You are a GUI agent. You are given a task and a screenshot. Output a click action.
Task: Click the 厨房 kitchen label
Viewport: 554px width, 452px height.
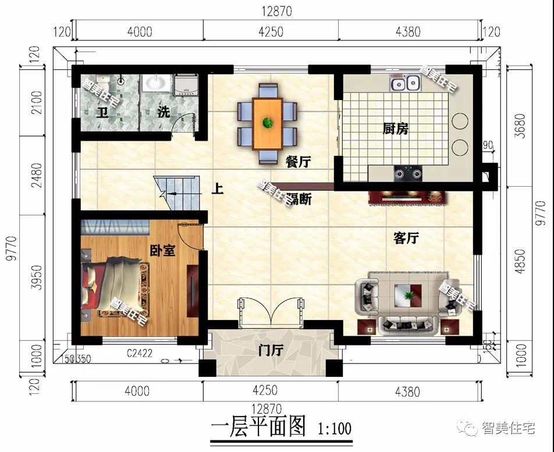click(x=395, y=129)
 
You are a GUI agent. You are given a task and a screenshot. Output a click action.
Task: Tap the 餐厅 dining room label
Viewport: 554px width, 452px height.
click(x=297, y=162)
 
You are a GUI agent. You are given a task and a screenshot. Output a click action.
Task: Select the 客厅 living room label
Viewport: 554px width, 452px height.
click(x=407, y=238)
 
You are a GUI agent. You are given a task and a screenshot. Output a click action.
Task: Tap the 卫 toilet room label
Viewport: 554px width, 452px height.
click(x=102, y=112)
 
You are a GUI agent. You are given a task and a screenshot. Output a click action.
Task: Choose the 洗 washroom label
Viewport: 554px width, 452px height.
click(x=164, y=112)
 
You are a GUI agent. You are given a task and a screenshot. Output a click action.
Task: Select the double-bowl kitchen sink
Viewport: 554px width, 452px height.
click(x=405, y=84)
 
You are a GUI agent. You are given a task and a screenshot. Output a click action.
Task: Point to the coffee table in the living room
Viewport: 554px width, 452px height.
click(x=408, y=294)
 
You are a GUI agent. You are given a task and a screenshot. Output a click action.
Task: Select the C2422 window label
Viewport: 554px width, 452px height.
click(x=140, y=353)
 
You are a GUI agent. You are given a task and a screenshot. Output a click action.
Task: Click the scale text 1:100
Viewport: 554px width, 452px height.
click(x=335, y=429)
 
